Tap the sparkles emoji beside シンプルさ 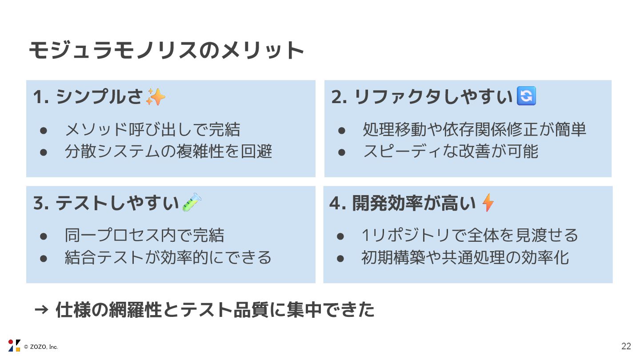pos(156,97)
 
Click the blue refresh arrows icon pos(527,96)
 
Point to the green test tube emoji pos(192,203)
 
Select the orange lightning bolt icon pos(488,203)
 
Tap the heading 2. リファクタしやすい pos(422,97)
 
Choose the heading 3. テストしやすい pos(106,203)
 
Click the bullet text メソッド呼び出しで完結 pos(152,130)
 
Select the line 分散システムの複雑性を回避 pos(168,152)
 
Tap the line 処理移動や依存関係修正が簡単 pos(474,130)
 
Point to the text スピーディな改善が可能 pos(450,152)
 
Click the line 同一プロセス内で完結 pos(144,235)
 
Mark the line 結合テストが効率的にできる pos(168,257)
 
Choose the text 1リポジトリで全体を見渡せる pos(470,235)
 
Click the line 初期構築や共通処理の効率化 pos(465,257)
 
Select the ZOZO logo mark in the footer pos(14,346)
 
